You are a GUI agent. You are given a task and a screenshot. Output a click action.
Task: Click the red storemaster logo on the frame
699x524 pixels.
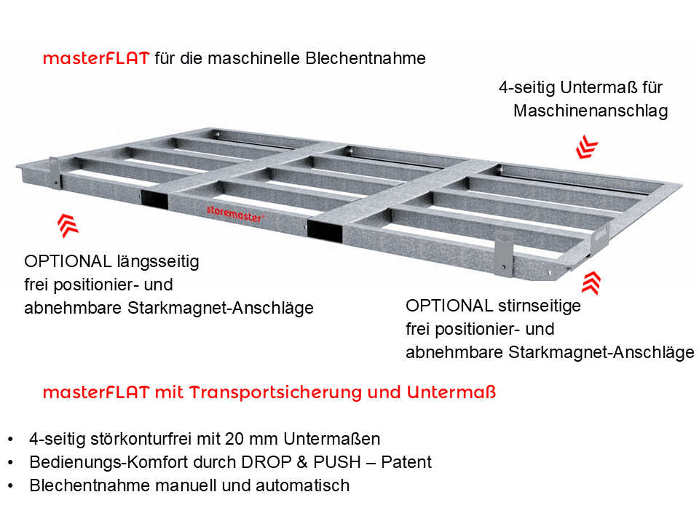pyautogui.click(x=235, y=214)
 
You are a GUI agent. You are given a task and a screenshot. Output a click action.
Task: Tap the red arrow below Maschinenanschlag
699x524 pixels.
pyautogui.click(x=587, y=147)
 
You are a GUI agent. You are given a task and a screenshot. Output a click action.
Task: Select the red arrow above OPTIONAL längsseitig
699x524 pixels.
pyautogui.click(x=68, y=226)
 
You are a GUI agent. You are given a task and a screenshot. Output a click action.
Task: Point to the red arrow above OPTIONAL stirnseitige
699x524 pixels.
pyautogui.click(x=591, y=283)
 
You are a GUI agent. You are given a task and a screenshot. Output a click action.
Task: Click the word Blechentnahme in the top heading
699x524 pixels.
pyautogui.click(x=366, y=58)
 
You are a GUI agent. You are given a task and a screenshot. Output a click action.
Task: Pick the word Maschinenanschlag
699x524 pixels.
pyautogui.click(x=591, y=111)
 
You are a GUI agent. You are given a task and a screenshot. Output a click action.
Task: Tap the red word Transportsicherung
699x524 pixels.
pyautogui.click(x=276, y=392)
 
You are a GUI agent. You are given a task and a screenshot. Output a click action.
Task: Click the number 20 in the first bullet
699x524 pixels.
pyautogui.click(x=234, y=439)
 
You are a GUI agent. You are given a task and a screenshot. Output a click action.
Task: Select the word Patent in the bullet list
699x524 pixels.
pyautogui.click(x=406, y=462)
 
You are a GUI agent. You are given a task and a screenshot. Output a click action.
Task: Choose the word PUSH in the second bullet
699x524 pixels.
pyautogui.click(x=337, y=462)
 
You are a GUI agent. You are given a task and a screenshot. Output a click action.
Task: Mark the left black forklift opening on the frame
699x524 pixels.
pyautogui.click(x=154, y=199)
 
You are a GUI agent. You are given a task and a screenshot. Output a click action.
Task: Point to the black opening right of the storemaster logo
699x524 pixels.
pyautogui.click(x=325, y=231)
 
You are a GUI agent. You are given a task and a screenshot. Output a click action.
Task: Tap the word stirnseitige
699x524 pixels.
pyautogui.click(x=540, y=306)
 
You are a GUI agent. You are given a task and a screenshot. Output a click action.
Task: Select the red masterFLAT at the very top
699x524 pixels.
pyautogui.click(x=96, y=58)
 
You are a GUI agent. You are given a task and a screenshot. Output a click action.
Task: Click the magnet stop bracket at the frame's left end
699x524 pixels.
pyautogui.click(x=55, y=173)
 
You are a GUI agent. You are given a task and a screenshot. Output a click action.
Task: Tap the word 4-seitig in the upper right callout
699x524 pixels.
pyautogui.click(x=527, y=88)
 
